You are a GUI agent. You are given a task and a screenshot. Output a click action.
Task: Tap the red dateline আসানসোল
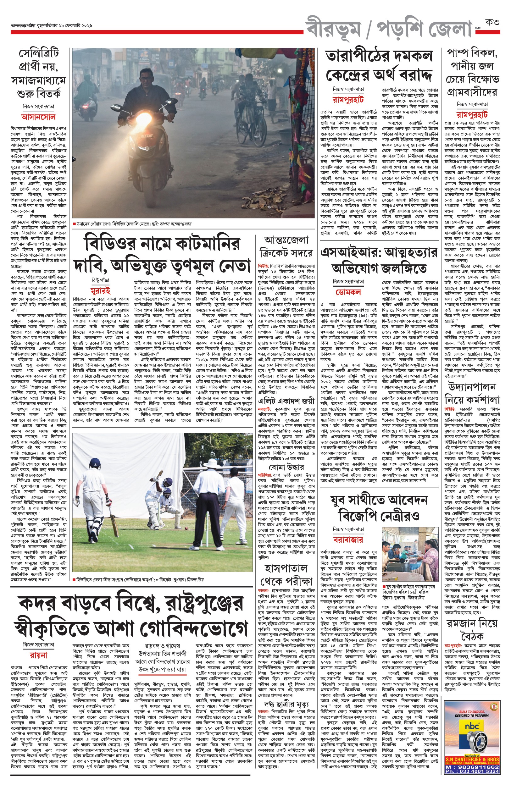38,117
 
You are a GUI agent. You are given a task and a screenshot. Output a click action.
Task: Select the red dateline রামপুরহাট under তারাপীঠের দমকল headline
348,99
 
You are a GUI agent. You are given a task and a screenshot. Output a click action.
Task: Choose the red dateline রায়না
38,655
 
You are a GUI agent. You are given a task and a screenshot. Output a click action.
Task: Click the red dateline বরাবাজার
348,539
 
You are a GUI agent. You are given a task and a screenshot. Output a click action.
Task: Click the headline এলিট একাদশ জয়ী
286,401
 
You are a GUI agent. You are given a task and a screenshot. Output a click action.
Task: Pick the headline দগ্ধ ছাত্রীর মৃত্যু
286,704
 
